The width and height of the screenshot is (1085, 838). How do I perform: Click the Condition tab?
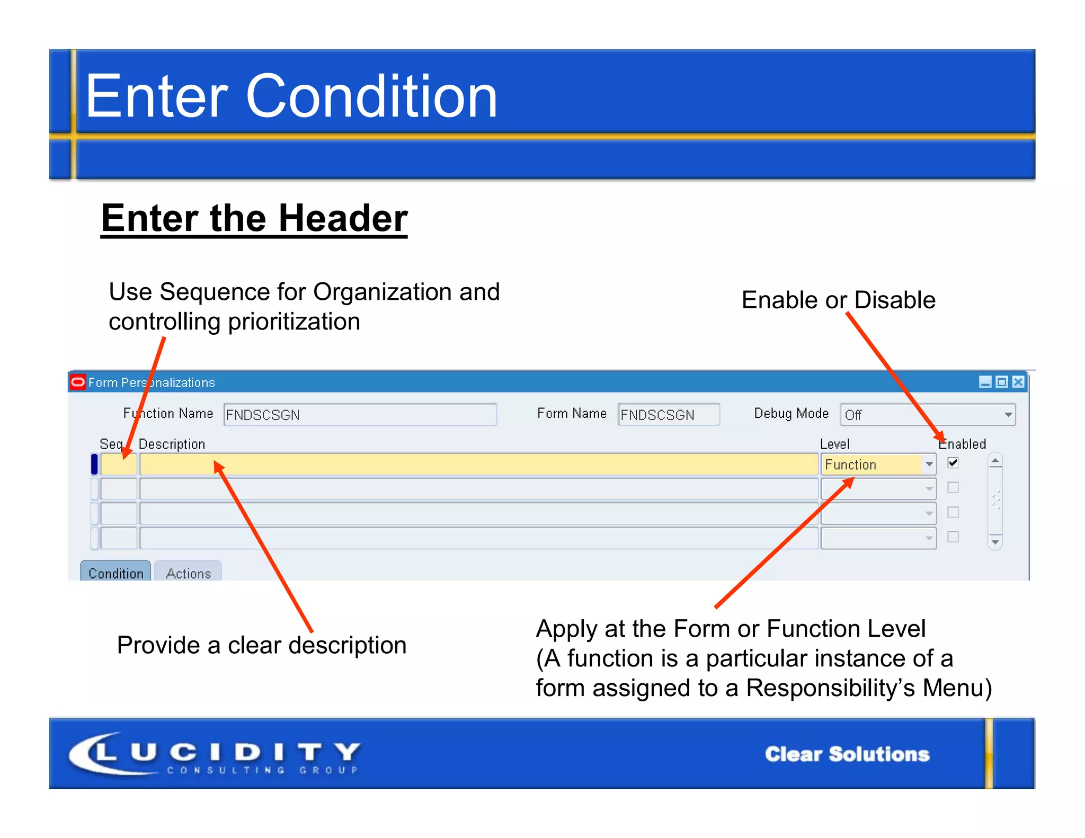(115, 573)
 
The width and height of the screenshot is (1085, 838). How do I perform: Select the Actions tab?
(188, 573)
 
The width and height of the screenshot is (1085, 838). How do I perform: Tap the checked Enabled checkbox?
(953, 463)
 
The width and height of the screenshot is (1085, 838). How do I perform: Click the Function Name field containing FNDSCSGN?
(360, 415)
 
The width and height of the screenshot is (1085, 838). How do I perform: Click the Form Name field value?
(668, 415)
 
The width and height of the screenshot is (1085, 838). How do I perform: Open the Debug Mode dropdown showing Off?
(928, 415)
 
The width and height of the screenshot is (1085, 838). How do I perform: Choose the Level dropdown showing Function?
(878, 465)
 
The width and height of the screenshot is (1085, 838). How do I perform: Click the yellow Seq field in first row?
(119, 465)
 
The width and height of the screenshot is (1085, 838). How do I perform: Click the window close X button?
(1018, 382)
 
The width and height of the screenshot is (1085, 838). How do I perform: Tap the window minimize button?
(985, 382)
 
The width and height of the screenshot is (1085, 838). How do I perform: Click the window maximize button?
(1002, 382)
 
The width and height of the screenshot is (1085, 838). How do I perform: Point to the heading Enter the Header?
(254, 218)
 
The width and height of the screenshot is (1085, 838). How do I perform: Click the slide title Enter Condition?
(291, 96)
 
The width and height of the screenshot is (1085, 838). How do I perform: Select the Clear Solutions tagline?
(847, 754)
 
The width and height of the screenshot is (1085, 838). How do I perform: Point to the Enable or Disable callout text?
(838, 300)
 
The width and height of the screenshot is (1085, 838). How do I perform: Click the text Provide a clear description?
(262, 645)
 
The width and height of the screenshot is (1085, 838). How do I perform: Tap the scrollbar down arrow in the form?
(995, 542)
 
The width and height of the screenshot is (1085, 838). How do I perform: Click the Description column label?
(172, 444)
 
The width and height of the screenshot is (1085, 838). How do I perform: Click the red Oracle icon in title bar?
(78, 382)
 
